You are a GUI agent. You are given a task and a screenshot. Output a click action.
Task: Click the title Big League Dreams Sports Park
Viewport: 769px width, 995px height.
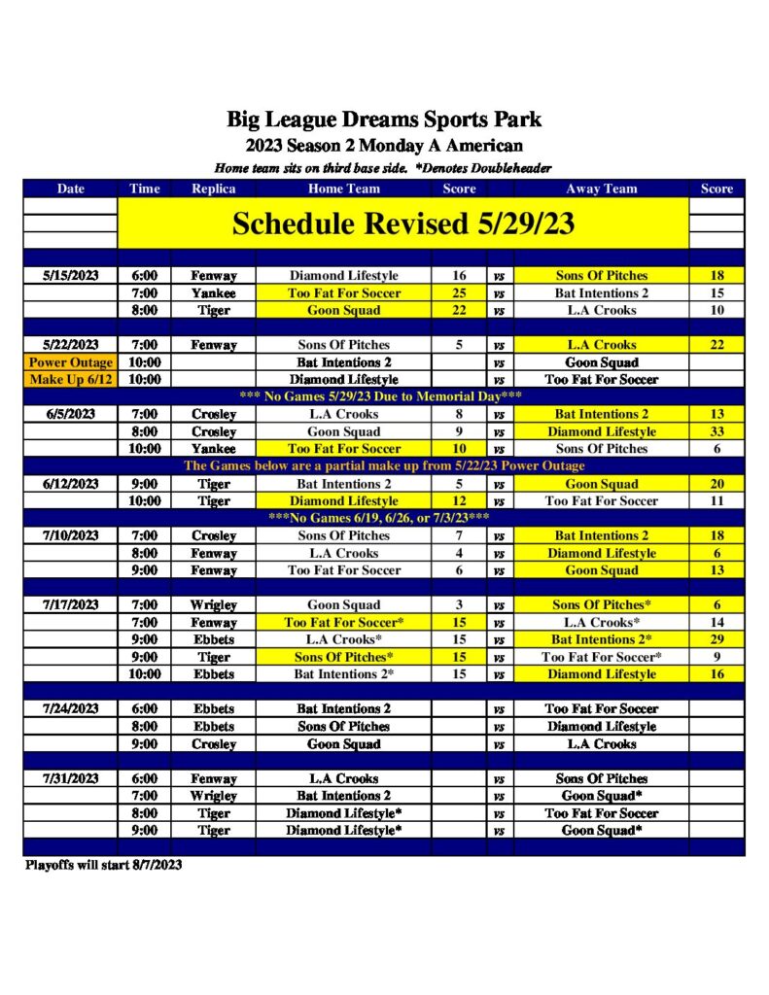pyautogui.click(x=384, y=120)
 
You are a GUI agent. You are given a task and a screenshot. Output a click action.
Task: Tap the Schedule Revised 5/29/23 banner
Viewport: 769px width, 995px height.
pyautogui.click(x=402, y=223)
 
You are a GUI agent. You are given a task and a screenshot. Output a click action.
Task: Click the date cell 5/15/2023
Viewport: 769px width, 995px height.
pyautogui.click(x=71, y=276)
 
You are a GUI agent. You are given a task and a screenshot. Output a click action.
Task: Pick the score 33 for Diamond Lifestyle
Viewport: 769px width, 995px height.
pyautogui.click(x=717, y=431)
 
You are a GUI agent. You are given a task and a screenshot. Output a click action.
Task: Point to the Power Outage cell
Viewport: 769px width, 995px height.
pyautogui.click(x=71, y=362)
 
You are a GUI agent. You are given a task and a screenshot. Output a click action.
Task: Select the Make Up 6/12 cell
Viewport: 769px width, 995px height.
pyautogui.click(x=71, y=380)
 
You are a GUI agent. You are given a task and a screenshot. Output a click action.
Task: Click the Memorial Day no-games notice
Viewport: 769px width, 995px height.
pyautogui.click(x=384, y=396)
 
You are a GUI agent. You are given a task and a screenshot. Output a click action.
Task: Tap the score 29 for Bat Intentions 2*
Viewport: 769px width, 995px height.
pyautogui.click(x=717, y=639)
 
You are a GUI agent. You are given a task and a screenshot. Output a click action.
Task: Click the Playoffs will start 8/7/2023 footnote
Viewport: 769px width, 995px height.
pyautogui.click(x=103, y=865)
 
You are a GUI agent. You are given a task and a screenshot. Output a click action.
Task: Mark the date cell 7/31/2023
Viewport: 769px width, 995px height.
pyautogui.click(x=71, y=778)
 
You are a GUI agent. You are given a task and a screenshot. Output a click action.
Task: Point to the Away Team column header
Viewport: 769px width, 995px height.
pyautogui.click(x=602, y=189)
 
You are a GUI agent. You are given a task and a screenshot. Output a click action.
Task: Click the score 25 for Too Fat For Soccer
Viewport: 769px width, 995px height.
pyautogui.click(x=459, y=293)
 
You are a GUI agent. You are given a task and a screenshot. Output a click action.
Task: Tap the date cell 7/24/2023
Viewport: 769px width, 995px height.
pyautogui.click(x=71, y=709)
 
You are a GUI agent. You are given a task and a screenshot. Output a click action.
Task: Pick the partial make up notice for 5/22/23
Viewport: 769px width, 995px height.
pyautogui.click(x=384, y=466)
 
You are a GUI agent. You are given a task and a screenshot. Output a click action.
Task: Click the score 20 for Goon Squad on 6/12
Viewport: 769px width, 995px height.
pyautogui.click(x=717, y=484)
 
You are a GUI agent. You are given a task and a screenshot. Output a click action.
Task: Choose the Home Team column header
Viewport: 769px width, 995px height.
pyautogui.click(x=344, y=189)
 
